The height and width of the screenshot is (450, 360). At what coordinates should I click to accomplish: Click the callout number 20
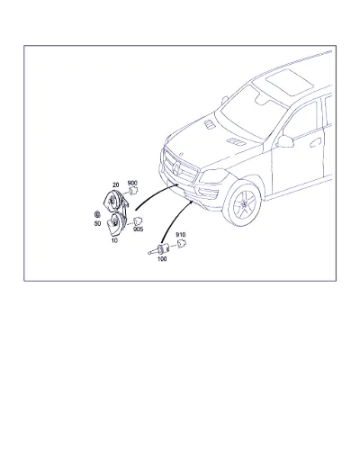coord(115,185)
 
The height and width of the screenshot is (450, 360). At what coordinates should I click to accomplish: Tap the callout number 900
coord(132,183)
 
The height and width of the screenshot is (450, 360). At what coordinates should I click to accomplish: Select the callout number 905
coord(139,229)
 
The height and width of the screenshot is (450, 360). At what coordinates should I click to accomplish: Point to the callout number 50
coord(97,223)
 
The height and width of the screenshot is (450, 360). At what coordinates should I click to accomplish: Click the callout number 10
coord(114,240)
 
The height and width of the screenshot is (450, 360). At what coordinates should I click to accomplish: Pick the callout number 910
coord(181,235)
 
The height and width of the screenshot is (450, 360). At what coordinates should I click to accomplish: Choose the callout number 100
coord(162,258)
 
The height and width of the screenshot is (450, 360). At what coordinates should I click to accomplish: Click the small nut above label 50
coord(97,214)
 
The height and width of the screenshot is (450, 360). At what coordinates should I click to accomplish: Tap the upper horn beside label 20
coord(114,201)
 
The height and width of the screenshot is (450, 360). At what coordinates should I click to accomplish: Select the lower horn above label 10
coord(116,223)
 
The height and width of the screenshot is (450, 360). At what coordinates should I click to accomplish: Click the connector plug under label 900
coord(133,191)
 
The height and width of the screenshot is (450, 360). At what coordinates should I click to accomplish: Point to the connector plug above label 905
coord(138,221)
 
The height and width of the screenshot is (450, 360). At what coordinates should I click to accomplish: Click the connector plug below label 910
coord(181,244)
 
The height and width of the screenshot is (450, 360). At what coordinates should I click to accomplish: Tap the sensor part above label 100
coord(159,249)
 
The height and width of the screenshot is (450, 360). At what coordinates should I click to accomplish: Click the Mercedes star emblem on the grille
coord(176,169)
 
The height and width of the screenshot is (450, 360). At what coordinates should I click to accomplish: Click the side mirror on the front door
coord(284,141)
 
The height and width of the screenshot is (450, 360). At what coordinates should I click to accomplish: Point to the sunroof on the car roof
coord(290,82)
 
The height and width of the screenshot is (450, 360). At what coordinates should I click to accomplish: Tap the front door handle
coord(315,143)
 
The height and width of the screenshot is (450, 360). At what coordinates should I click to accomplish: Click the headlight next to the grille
coord(213,175)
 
